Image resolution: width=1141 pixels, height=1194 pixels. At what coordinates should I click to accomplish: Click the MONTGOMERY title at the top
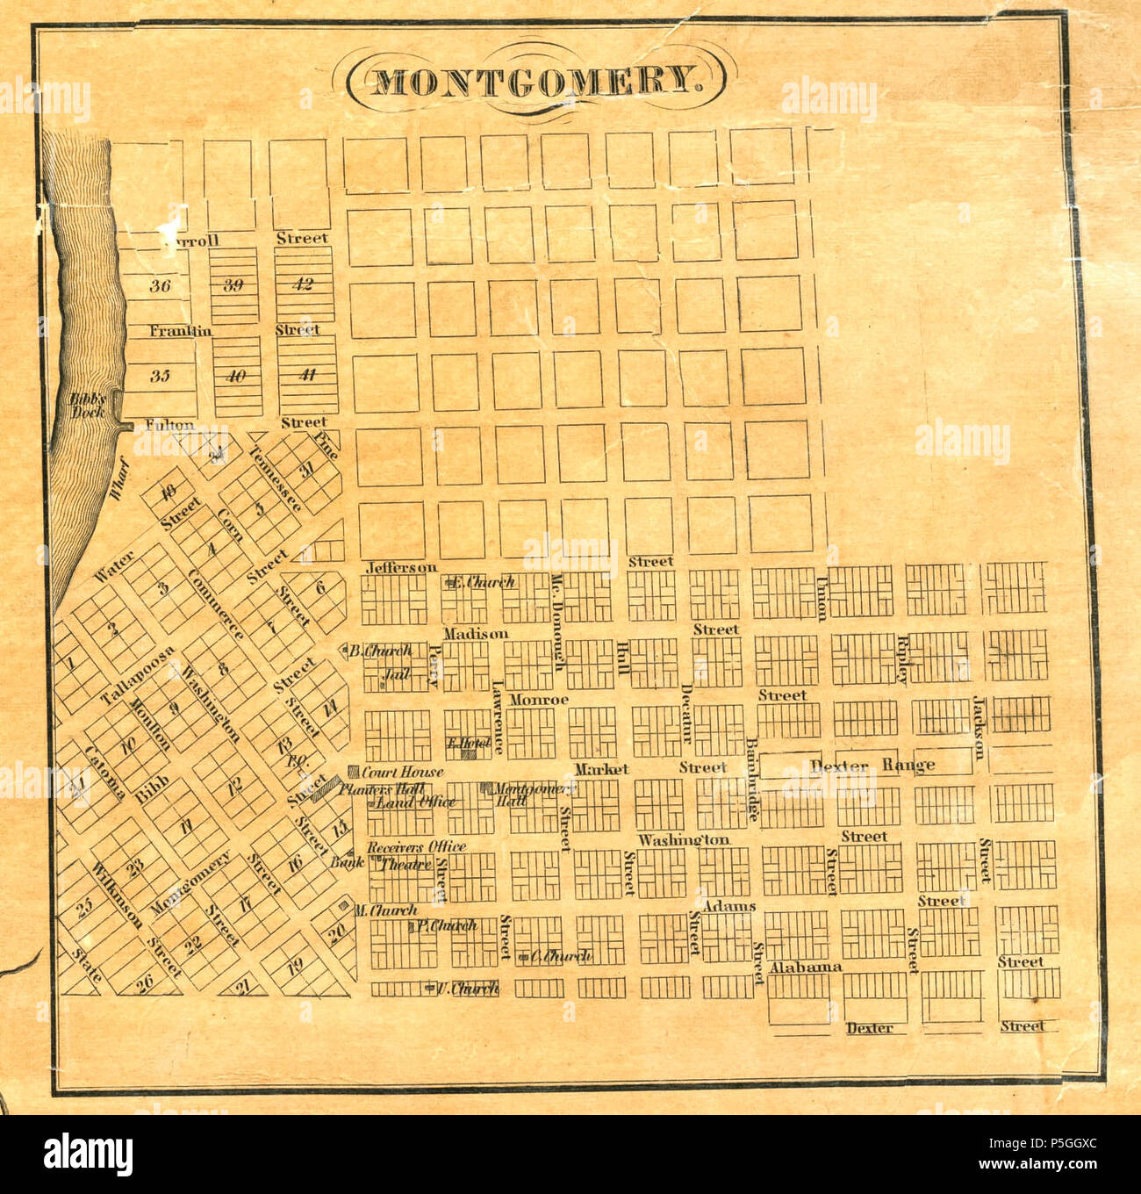[535, 81]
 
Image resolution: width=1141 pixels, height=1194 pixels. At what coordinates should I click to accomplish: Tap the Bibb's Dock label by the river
[88, 405]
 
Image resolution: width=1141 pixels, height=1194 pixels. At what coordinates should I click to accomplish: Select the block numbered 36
[160, 285]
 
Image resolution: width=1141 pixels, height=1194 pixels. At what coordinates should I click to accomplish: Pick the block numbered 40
[235, 377]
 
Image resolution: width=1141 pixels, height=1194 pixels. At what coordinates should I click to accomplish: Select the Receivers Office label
[416, 847]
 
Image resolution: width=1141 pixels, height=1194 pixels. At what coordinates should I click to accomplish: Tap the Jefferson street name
[401, 568]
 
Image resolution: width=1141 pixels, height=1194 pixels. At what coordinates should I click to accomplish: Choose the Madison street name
[476, 633]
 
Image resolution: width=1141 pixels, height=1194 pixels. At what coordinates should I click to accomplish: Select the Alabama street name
[805, 967]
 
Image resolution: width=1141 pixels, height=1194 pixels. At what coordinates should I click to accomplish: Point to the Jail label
[398, 675]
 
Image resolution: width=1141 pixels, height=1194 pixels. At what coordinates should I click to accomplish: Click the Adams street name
[729, 906]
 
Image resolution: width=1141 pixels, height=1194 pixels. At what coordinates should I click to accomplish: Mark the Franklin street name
[180, 331]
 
